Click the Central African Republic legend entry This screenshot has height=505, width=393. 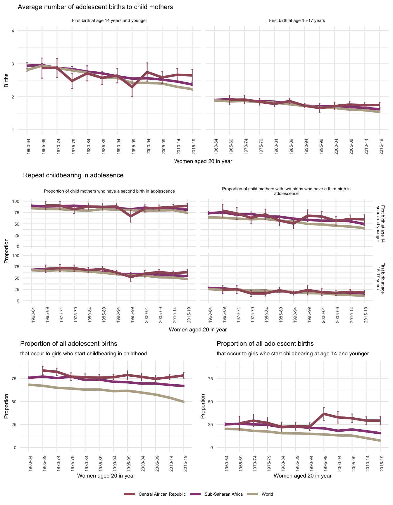[x=162, y=494]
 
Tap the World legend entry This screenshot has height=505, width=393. [x=267, y=494]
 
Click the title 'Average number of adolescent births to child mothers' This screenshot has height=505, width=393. [x=95, y=7]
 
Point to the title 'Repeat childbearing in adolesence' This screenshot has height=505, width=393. [x=73, y=175]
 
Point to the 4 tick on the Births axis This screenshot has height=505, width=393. [x=13, y=31]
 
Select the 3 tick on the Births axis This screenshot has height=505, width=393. [x=13, y=64]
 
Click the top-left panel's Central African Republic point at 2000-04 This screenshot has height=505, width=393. [x=147, y=72]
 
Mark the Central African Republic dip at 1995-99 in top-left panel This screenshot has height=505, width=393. [x=132, y=87]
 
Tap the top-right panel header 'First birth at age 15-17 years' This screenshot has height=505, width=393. [x=297, y=21]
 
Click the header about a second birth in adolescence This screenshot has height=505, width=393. [x=109, y=191]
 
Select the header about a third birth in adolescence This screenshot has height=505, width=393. [x=286, y=191]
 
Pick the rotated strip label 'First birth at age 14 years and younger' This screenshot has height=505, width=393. [x=381, y=224]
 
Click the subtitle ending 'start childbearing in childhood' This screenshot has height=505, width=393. [x=83, y=354]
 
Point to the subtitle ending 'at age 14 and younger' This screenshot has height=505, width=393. [x=293, y=354]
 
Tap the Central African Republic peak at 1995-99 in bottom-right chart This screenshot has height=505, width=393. [x=324, y=414]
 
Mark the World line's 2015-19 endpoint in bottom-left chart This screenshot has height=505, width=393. [x=184, y=402]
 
